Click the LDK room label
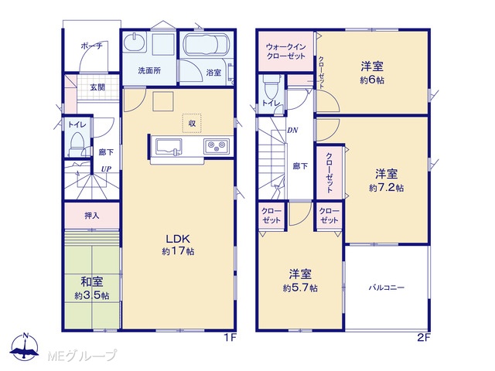tap(178, 239)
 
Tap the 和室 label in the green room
tap(92, 281)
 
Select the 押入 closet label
tap(92, 216)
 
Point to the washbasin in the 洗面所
tap(135, 42)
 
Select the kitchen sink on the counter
tap(169, 147)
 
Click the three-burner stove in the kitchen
tap(217, 146)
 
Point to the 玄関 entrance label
tap(97, 87)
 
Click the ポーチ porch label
tap(91, 46)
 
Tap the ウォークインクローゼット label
tap(285, 52)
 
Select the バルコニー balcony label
tap(387, 288)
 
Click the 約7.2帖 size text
tap(387, 188)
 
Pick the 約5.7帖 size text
tap(300, 288)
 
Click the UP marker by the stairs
tap(106, 168)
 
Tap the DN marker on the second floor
tap(292, 130)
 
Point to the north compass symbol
tap(25, 347)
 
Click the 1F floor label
tap(230, 338)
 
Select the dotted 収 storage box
tap(192, 123)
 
